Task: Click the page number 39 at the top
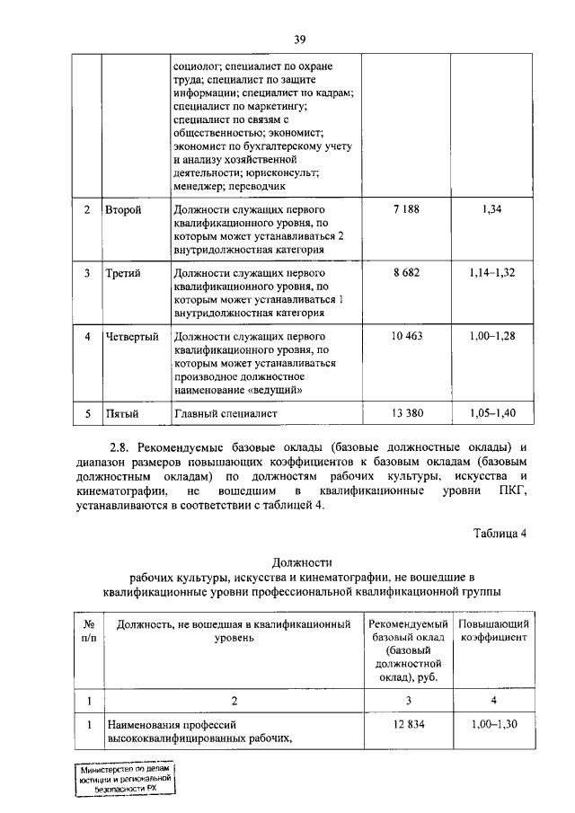coord(301,39)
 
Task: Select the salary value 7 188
coord(406,209)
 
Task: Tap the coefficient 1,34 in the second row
coord(491,209)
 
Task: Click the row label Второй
coord(123,209)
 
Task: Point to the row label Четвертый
coord(131,336)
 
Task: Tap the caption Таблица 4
coord(500,532)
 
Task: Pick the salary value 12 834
coord(406,723)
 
